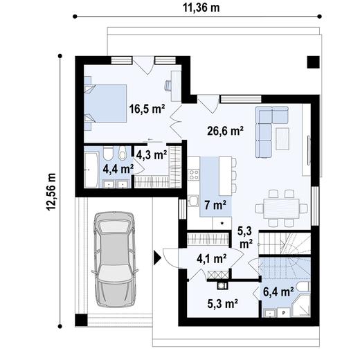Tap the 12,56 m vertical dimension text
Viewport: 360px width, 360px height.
click(51, 188)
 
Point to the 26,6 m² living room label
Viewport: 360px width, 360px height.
click(225, 129)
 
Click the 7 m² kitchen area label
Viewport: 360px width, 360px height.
click(215, 206)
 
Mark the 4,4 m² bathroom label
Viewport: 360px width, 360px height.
click(118, 168)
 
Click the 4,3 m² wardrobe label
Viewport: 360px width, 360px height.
click(151, 155)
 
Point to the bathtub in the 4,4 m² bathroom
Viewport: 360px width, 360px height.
click(93, 165)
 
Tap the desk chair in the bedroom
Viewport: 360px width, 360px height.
click(168, 87)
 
